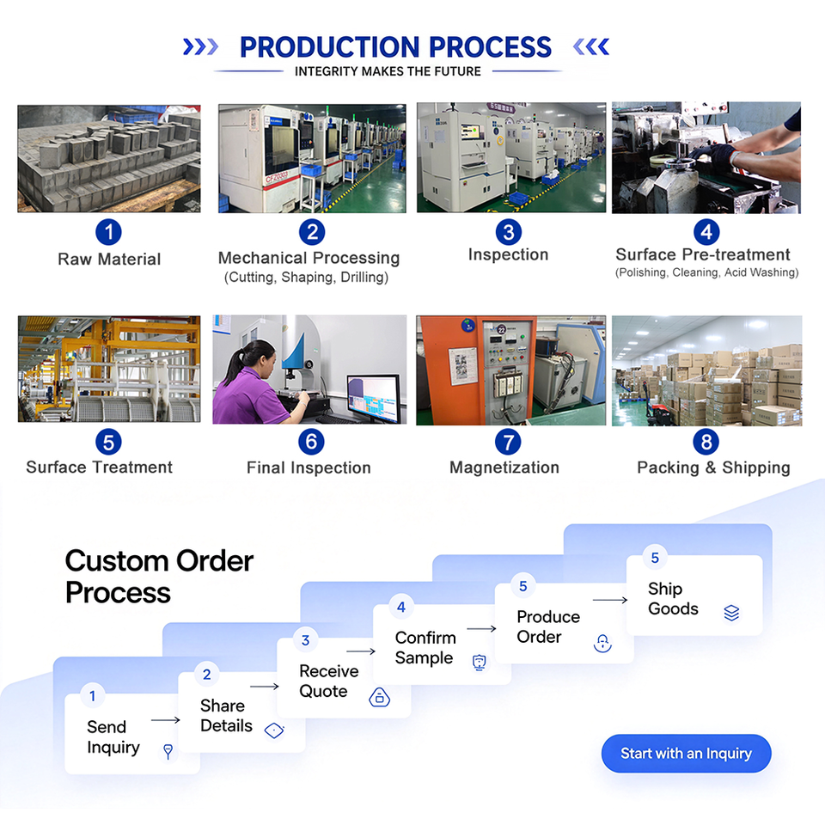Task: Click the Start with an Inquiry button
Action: (686, 754)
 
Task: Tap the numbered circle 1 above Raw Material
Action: (108, 232)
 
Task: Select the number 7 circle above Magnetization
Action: (508, 442)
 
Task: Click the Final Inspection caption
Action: (309, 467)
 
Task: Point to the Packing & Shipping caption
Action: (713, 467)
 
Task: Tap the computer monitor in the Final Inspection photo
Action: (374, 398)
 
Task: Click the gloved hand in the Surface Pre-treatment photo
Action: (712, 156)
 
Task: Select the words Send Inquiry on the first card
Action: (113, 737)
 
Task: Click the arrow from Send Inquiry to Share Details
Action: (166, 720)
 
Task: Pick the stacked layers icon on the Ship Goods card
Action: (731, 613)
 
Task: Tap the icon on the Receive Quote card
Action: (379, 697)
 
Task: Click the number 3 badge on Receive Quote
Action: (305, 640)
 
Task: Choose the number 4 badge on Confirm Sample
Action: (401, 608)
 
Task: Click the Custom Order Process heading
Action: (160, 577)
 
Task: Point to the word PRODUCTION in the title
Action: (329, 47)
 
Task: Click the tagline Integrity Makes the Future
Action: (388, 71)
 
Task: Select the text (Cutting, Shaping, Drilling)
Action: (306, 278)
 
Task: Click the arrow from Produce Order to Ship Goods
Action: (610, 600)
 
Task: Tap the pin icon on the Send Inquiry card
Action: (168, 751)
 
